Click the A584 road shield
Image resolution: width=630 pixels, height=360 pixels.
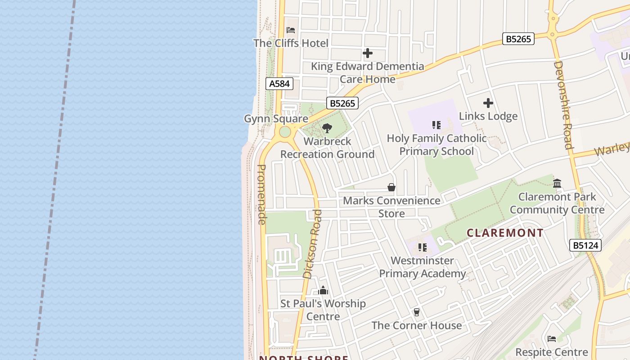(279, 84)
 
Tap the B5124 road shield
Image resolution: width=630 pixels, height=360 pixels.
(585, 245)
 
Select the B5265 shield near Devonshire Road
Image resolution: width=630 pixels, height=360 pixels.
(518, 39)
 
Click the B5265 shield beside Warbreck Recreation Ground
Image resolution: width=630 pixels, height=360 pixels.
(342, 103)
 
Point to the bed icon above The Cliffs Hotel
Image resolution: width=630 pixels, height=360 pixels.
(291, 30)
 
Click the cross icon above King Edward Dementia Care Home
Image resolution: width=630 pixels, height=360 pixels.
(368, 54)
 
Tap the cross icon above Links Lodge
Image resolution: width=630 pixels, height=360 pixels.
(488, 103)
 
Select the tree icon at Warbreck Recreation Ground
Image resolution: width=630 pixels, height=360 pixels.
(327, 128)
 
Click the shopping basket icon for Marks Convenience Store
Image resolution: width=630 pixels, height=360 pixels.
(391, 187)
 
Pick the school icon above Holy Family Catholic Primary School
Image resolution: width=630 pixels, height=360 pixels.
(436, 125)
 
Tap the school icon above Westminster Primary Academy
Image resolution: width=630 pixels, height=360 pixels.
(422, 247)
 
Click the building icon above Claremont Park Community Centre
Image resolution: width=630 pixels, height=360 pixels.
(557, 183)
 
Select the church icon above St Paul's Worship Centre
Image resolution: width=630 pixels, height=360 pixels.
(323, 291)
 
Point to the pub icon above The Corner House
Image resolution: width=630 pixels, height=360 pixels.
(417, 312)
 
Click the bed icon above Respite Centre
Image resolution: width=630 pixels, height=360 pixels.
(552, 339)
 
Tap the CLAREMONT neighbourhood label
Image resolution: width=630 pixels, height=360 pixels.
(505, 233)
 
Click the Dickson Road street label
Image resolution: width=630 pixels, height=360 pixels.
(313, 244)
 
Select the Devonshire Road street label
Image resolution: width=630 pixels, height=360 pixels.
(562, 105)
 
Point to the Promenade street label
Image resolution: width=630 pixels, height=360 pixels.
(261, 194)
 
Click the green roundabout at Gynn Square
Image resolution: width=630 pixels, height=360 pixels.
(285, 132)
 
